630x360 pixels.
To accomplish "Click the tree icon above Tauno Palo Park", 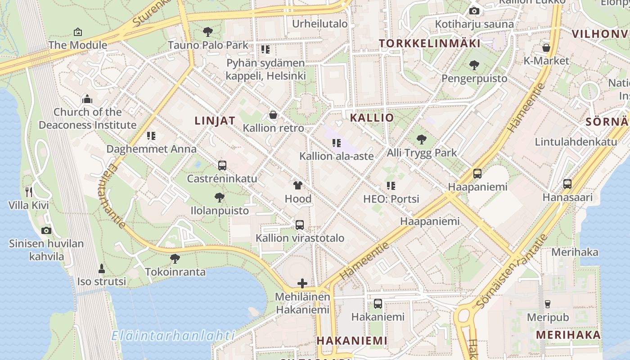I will click(207, 31).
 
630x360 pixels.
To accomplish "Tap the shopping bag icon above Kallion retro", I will click(273, 115).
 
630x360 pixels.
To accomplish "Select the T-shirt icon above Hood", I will click(297, 185).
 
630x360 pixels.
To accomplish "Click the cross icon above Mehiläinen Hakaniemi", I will click(302, 283).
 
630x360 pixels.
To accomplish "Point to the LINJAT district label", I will click(215, 121).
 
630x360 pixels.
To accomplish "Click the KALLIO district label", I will click(372, 118).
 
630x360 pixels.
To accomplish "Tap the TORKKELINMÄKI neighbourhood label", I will click(429, 44).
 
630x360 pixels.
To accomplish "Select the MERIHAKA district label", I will click(568, 335).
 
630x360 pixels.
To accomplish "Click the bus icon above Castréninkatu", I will click(222, 165).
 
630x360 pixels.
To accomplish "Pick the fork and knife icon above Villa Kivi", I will click(29, 192).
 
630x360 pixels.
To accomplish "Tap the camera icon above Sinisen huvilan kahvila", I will click(46, 230).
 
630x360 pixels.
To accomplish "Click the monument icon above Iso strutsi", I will click(102, 269).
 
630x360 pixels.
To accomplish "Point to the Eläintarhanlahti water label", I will click(173, 336).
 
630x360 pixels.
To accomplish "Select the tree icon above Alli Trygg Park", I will click(421, 139).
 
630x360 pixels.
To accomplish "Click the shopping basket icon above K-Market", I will click(546, 48).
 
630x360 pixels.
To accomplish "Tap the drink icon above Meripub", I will click(548, 304).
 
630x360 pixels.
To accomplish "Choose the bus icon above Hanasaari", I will click(567, 184).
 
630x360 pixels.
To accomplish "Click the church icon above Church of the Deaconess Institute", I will click(87, 99).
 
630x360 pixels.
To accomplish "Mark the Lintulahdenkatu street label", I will click(576, 142).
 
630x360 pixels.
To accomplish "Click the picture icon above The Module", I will click(78, 32).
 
